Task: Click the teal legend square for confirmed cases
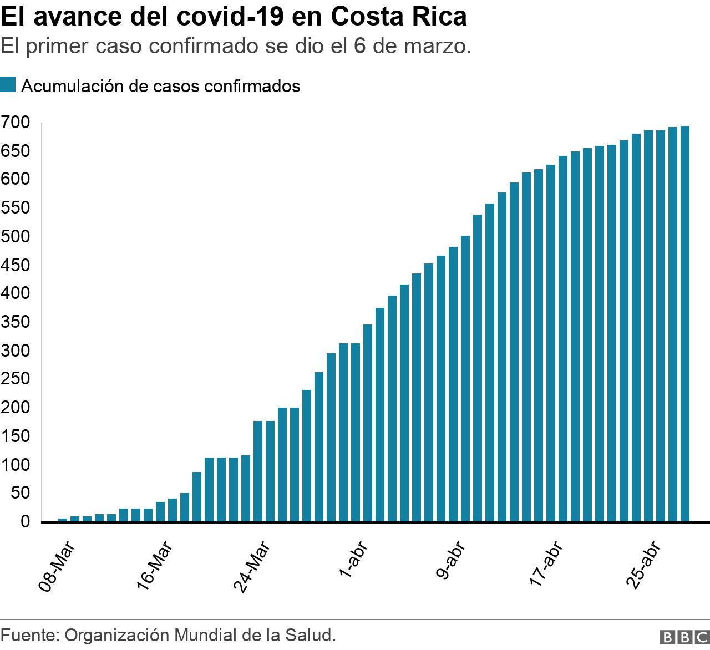8,85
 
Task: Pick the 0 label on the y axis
24,521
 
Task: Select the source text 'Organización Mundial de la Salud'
201,635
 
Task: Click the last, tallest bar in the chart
684,324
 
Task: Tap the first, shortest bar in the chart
63,520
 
